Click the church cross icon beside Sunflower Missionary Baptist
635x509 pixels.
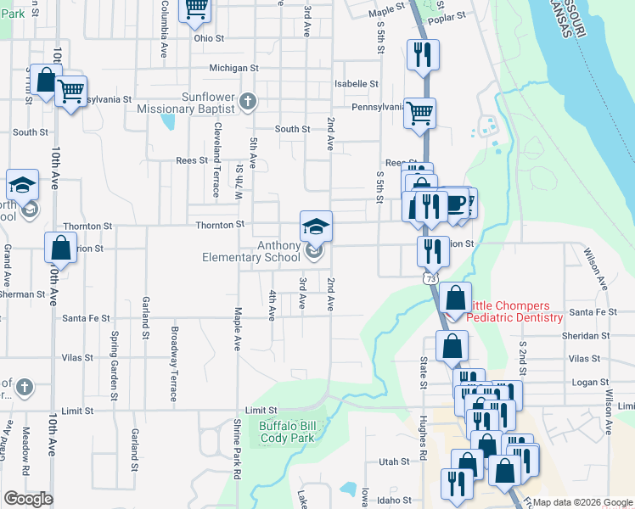247,103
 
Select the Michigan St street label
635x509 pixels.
234,68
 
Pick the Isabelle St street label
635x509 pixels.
356,84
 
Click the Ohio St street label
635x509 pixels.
208,38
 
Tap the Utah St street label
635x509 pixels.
394,462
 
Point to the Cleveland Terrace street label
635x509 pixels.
218,143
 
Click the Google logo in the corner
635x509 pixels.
28,499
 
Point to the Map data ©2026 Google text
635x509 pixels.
582,502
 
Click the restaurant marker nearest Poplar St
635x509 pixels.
422,55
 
